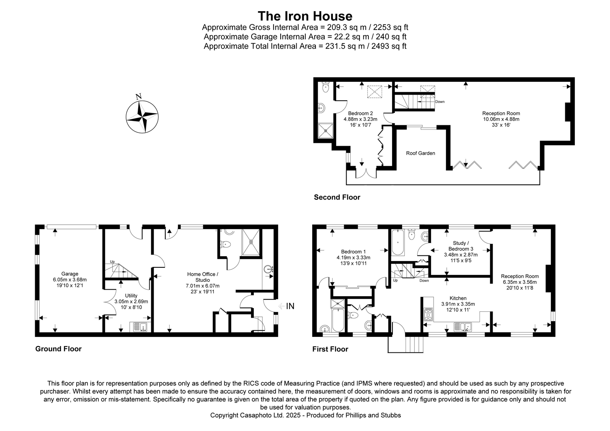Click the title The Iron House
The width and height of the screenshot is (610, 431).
tap(305, 16)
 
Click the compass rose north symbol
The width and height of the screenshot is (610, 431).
tap(142, 115)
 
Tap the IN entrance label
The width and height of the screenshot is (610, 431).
tap(290, 306)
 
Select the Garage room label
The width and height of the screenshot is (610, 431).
tap(69, 274)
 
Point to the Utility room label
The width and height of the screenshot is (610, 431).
tap(131, 296)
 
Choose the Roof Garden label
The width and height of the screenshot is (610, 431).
tap(420, 153)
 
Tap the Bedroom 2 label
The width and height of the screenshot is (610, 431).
tap(360, 113)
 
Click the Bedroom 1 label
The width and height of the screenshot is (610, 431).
tap(353, 251)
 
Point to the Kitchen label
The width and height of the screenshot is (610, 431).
tap(458, 298)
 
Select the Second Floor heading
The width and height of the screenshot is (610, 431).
tap(337, 197)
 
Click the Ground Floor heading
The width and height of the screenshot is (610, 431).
tap(58, 349)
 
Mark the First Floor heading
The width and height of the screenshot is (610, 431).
tap(330, 349)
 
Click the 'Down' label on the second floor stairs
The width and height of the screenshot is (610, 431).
tap(440, 102)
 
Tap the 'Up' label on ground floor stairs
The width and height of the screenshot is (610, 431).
tap(112, 262)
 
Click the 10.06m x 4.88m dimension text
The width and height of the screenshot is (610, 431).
tap(501, 119)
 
